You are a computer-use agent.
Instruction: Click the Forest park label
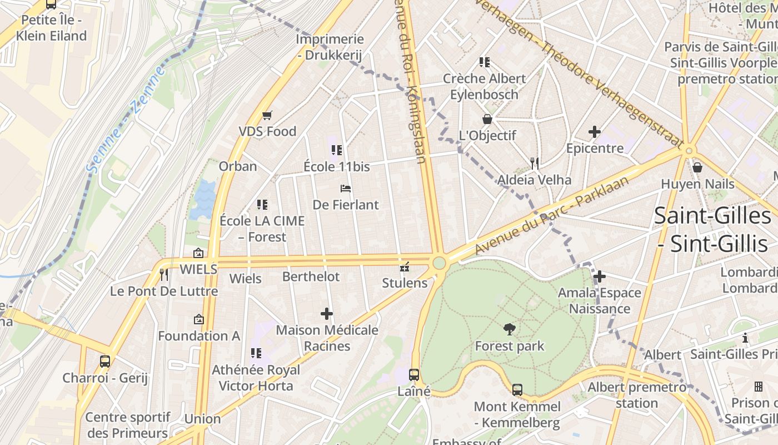[x=509, y=346]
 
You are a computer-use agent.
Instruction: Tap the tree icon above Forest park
[x=509, y=329]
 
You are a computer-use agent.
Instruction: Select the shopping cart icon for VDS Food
[x=267, y=115]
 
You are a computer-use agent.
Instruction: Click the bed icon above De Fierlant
[x=346, y=189]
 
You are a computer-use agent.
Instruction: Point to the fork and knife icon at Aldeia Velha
[x=535, y=163]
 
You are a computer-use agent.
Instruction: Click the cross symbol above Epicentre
[x=595, y=132]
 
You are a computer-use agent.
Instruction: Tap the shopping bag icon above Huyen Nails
[x=697, y=167]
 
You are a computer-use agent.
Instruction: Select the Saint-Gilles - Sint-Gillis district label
[x=712, y=229]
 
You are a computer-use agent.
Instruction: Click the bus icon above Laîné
[x=414, y=375]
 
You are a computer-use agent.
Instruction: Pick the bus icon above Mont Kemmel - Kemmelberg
[x=517, y=389]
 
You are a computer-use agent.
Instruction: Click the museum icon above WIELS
[x=198, y=253]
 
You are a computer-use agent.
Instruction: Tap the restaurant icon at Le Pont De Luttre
[x=164, y=274]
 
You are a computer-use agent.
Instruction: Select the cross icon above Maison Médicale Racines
[x=327, y=314]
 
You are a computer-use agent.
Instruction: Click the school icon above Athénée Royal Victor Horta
[x=256, y=353]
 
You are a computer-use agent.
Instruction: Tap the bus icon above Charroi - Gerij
[x=105, y=362]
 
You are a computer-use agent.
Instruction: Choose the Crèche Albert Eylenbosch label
[x=484, y=86]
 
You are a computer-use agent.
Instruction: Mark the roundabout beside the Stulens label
[x=440, y=263]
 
